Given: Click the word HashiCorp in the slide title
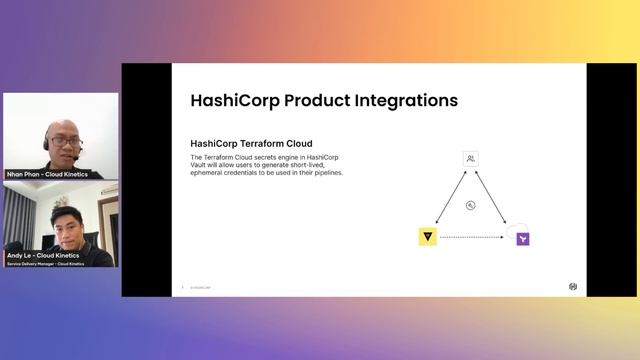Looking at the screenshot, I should pos(235,101).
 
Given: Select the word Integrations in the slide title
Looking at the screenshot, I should pos(400,101).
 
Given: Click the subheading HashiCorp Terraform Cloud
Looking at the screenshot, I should pos(251,144).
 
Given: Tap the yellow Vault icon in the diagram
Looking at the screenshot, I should pos(427,237).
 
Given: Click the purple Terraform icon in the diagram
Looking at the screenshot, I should pos(522,239).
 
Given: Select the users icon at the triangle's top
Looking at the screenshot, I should pos(471,159).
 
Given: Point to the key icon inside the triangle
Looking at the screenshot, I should pos(471,206).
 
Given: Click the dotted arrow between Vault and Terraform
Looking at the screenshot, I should pos(475,238).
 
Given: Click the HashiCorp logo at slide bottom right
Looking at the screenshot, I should pos(573,286).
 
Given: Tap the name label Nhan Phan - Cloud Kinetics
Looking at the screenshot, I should pos(47,174).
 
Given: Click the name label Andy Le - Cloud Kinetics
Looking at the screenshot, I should pos(43,255).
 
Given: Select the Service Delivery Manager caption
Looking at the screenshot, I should pos(43,263).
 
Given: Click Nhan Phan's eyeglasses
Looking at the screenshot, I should pos(64,142).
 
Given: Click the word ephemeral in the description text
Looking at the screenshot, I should pos(211,173).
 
